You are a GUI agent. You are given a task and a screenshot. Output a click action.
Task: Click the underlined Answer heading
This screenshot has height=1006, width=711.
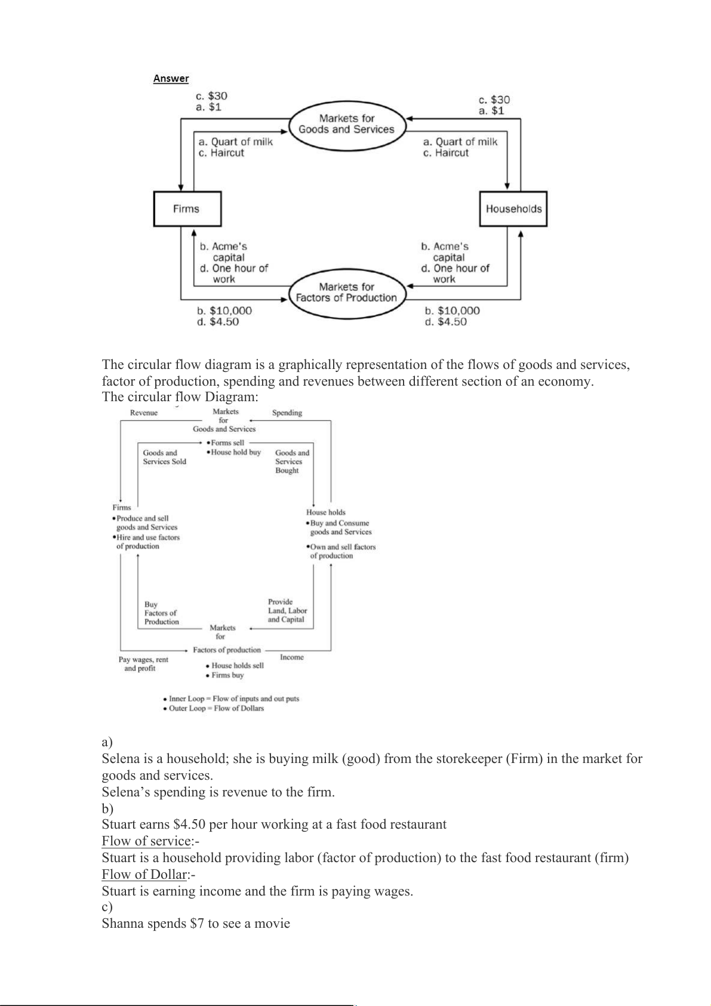tap(171, 78)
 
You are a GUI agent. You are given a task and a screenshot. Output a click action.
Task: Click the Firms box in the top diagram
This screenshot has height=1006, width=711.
tap(187, 209)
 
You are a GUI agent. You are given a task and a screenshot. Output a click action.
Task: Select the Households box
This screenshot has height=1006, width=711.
tap(513, 209)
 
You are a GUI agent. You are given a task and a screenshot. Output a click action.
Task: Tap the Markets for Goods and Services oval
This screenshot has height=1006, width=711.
tap(346, 124)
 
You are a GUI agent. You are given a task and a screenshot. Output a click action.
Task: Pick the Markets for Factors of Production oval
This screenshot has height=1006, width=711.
tap(346, 293)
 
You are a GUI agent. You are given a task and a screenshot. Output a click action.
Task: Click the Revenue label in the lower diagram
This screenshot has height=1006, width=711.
tap(144, 413)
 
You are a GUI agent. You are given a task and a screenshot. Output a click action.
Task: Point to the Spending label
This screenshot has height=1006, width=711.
tap(287, 413)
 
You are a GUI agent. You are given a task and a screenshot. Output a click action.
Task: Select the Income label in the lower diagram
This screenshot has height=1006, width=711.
tap(292, 657)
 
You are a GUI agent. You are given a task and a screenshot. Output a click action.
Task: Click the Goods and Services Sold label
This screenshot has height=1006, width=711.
tap(164, 457)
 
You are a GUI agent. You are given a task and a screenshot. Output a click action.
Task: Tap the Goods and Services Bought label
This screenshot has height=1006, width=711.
tap(292, 462)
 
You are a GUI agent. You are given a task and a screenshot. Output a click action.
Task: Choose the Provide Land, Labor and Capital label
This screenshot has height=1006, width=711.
tap(287, 611)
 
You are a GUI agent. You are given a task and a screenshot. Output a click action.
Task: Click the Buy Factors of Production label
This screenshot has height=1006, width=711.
tap(161, 613)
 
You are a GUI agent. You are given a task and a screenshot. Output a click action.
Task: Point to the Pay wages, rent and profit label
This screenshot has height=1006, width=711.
tap(143, 664)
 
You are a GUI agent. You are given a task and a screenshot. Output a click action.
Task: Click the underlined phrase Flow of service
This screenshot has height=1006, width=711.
tap(146, 841)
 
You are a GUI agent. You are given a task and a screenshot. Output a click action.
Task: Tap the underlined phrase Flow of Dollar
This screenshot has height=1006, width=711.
tap(144, 875)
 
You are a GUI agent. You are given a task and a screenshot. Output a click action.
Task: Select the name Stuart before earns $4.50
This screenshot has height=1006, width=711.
tap(121, 825)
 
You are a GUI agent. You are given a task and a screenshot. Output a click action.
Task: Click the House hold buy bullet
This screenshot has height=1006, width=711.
tap(236, 453)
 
